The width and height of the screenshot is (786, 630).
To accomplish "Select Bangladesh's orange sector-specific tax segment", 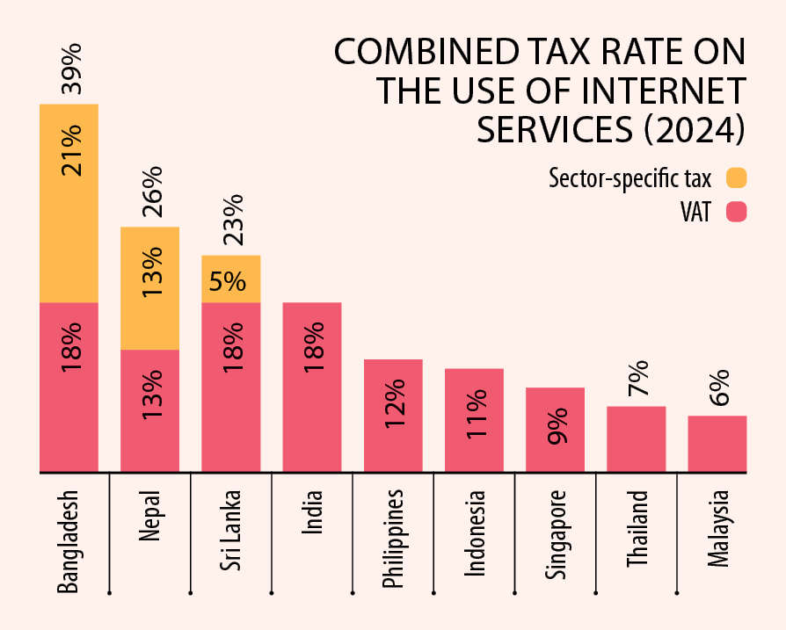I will tap(69, 203).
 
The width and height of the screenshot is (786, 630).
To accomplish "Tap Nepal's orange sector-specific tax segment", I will tap(150, 288).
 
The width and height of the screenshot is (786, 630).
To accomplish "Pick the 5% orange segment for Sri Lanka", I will tap(231, 279).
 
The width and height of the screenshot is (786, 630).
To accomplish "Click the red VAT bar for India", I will tap(312, 387).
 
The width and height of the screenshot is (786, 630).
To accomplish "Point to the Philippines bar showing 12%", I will tap(393, 415).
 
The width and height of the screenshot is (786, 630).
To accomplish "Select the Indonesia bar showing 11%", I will tap(474, 419).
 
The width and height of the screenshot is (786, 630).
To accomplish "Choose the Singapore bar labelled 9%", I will tap(555, 429).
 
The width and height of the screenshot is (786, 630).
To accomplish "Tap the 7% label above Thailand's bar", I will tap(637, 379).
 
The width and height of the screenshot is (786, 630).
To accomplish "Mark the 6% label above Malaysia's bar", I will tap(717, 388).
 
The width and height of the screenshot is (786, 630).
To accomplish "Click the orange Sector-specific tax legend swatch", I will tap(736, 178).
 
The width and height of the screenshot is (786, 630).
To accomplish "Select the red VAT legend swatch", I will tap(736, 212).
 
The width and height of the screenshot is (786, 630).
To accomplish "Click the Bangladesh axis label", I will tap(69, 539).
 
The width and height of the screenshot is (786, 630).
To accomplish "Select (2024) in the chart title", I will tap(690, 129).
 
